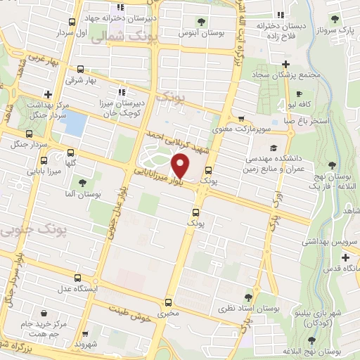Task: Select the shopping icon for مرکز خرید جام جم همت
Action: click(x=45, y=312)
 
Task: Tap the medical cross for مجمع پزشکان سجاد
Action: click(x=285, y=63)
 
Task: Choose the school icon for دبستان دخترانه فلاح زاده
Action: click(x=281, y=15)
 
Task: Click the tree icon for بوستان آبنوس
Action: click(x=202, y=20)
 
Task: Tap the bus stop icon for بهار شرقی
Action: click(x=81, y=70)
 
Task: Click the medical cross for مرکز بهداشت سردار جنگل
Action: click(x=47, y=94)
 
